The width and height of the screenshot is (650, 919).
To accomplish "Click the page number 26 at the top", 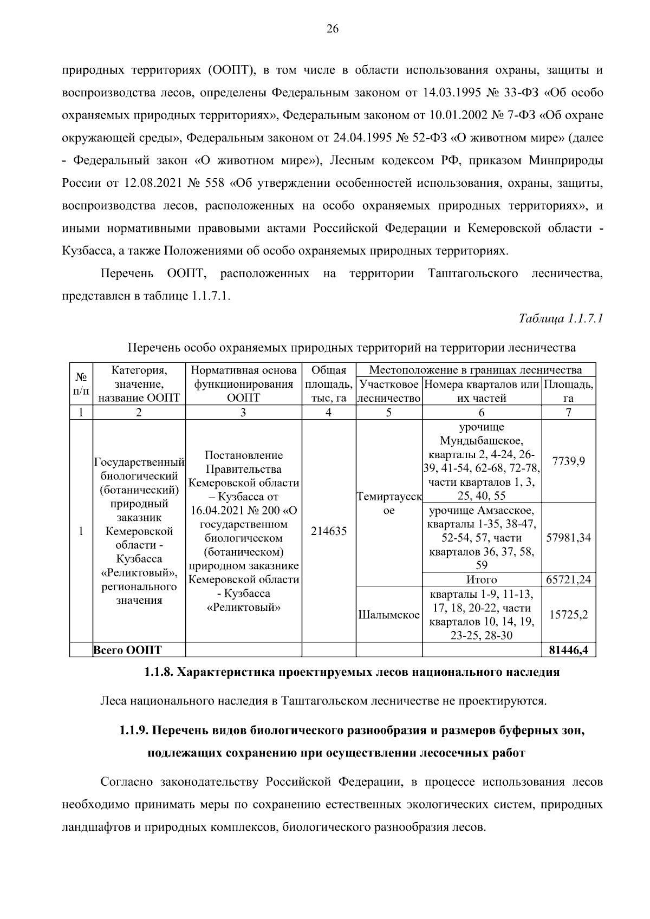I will [x=332, y=30].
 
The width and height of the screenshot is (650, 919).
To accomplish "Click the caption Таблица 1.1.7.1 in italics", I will [x=561, y=318].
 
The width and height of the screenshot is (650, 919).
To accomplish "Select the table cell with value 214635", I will [x=328, y=531].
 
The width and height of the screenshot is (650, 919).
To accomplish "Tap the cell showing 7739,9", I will [x=568, y=461].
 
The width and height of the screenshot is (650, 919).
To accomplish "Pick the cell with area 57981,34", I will [x=568, y=538].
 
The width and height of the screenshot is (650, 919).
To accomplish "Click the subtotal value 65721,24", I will [x=568, y=579].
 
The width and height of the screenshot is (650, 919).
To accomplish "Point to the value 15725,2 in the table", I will [x=568, y=615].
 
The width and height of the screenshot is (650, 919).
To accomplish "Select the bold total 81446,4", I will [x=568, y=650].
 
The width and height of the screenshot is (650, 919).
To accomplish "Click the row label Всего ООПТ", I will [x=128, y=650].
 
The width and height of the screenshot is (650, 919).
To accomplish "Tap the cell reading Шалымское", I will [x=388, y=615].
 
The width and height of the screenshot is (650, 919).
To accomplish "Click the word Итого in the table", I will [x=481, y=579].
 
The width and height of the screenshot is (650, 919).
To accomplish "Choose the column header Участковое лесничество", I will [x=388, y=392].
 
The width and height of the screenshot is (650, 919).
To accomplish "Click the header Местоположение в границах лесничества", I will [x=475, y=370].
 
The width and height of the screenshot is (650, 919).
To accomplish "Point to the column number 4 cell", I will [x=328, y=412].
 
